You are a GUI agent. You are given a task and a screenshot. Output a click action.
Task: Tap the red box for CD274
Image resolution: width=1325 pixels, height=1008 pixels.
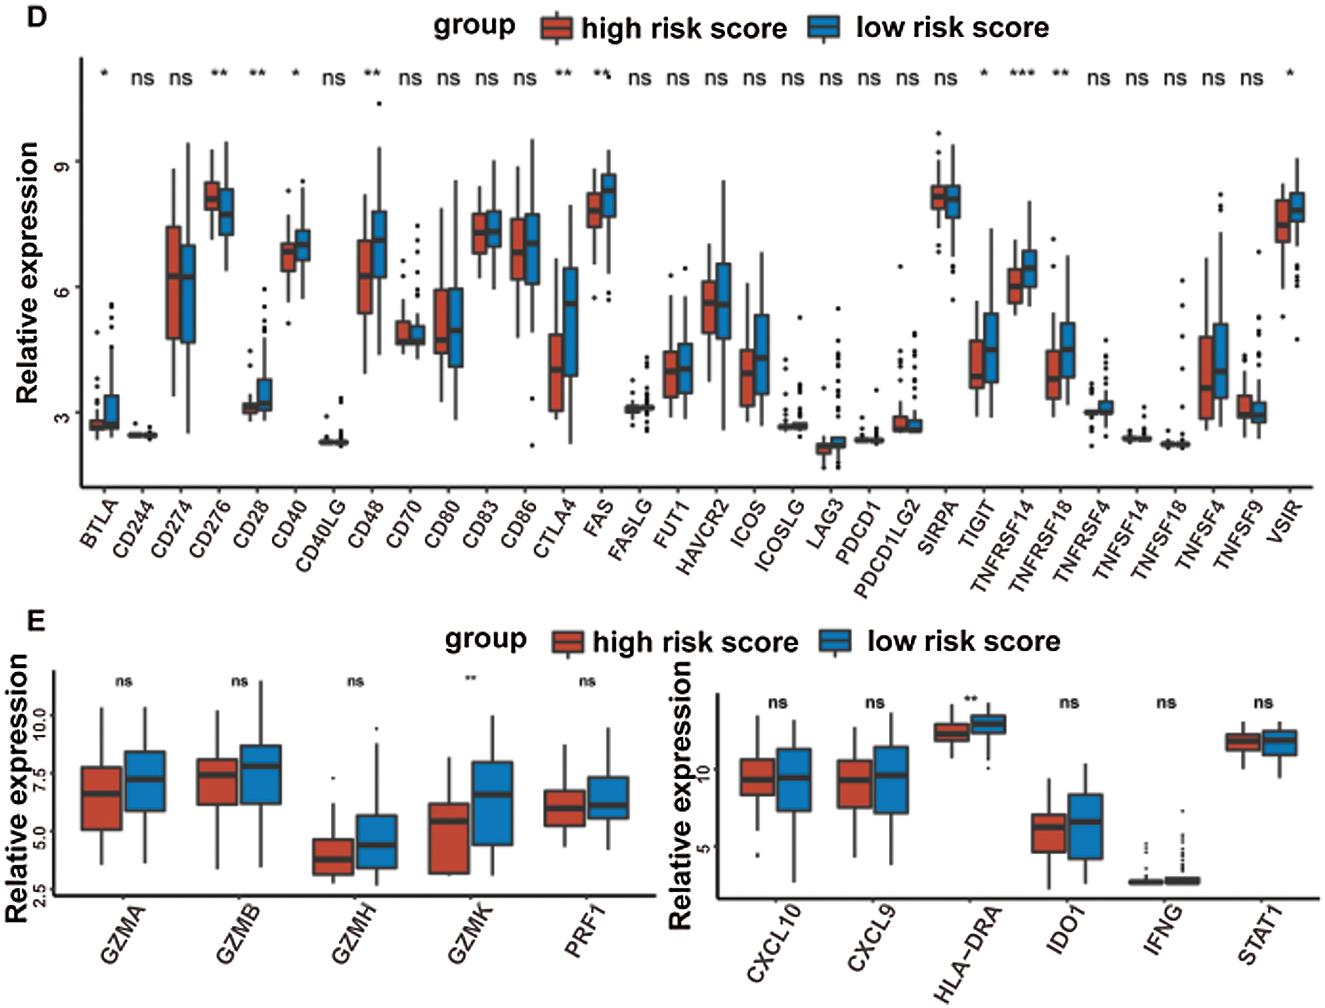pyautogui.click(x=174, y=283)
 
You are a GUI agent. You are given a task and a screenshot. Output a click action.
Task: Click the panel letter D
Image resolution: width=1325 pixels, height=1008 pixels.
pyautogui.click(x=36, y=16)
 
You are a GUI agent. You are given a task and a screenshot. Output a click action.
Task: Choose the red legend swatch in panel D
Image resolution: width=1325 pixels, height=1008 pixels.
pyautogui.click(x=556, y=28)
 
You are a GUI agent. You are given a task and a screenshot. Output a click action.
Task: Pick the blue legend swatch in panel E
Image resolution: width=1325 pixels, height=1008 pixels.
pyautogui.click(x=835, y=641)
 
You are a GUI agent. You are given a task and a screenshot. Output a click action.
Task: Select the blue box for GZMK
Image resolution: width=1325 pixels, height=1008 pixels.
pyautogui.click(x=492, y=803)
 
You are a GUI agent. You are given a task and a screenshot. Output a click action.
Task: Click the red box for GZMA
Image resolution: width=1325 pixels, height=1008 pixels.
pyautogui.click(x=101, y=798)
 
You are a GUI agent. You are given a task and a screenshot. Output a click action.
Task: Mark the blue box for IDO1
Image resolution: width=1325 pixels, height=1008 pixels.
pyautogui.click(x=1085, y=826)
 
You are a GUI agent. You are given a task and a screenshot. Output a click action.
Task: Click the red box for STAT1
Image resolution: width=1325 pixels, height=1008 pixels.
pyautogui.click(x=1243, y=741)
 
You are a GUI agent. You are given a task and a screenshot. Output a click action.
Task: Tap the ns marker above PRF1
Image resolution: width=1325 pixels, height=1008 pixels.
pyautogui.click(x=587, y=681)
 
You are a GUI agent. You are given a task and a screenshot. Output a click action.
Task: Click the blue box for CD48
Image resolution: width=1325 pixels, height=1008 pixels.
pyautogui.click(x=379, y=244)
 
